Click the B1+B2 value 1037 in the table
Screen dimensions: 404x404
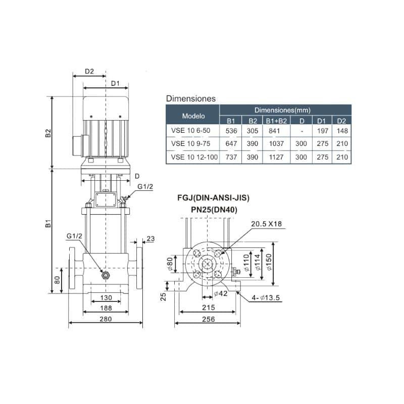point(276,144)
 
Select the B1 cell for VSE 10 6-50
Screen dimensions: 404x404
point(231,131)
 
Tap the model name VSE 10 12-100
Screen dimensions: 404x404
point(194,157)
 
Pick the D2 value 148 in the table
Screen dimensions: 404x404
point(342,131)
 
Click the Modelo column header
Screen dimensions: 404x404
point(193,116)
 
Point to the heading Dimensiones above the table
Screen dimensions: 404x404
point(191,98)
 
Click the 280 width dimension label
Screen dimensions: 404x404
point(106,319)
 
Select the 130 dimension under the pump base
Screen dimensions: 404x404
point(106,297)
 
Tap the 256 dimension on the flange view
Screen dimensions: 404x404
point(208,319)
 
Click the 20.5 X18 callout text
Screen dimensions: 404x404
point(267,224)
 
